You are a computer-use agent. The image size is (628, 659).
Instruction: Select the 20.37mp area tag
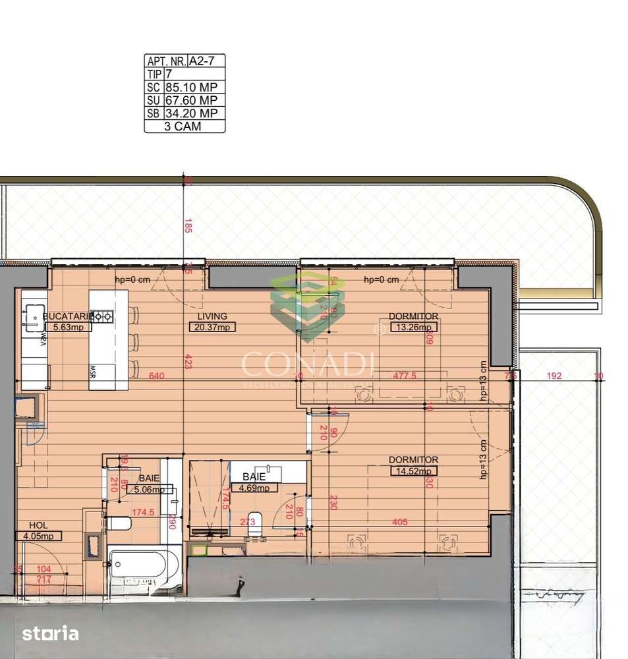[212, 327]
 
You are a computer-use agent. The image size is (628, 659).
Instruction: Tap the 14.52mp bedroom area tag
[413, 471]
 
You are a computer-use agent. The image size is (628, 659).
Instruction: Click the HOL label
[38, 525]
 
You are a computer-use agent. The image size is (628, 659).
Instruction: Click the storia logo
[50, 634]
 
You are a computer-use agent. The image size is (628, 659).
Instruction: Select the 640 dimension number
[156, 376]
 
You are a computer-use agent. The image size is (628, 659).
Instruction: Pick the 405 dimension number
[399, 522]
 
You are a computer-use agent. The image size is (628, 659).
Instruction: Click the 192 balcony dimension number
[554, 376]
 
